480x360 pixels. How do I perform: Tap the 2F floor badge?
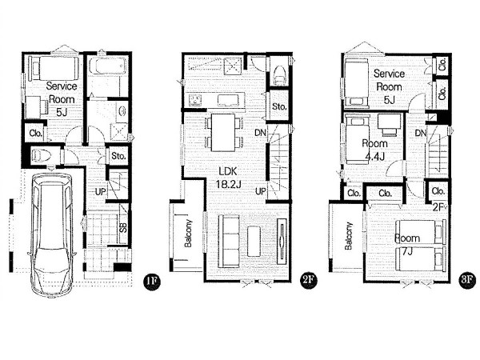coord(308,281)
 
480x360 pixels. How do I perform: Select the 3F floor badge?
coord(467,281)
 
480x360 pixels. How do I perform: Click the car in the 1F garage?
coord(52,234)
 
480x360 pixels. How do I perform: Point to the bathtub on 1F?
coord(107,66)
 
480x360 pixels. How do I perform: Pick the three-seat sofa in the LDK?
coord(229,242)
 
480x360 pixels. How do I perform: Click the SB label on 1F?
coord(123,227)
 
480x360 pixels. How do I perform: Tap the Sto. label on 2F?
coord(279,107)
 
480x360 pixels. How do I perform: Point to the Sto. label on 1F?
coord(118,156)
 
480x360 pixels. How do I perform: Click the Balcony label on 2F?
coord(188,234)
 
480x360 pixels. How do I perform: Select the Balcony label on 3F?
coord(349,236)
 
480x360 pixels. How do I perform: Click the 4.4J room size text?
coord(374,157)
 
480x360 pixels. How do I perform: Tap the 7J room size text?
coord(407,252)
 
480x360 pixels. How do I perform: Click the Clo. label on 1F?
coord(36,134)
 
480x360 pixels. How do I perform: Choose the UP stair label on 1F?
coord(101,192)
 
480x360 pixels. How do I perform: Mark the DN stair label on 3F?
coord(421,133)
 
